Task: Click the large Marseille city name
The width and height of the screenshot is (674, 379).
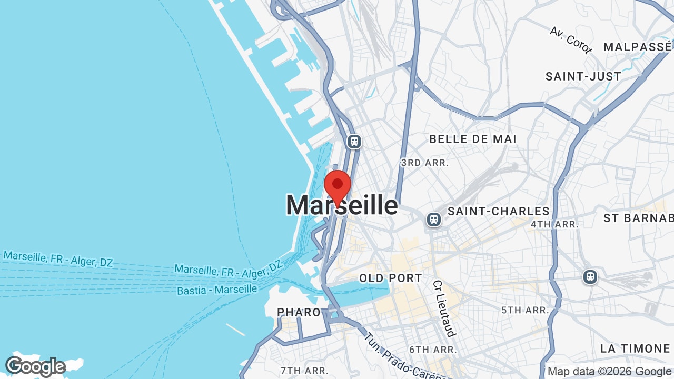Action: tap(342, 205)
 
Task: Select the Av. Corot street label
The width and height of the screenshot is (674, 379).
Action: tap(571, 39)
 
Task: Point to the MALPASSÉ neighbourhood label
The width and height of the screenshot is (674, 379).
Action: tap(637, 47)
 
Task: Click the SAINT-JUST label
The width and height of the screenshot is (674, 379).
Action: tap(583, 76)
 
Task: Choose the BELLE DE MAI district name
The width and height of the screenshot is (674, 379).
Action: tap(472, 139)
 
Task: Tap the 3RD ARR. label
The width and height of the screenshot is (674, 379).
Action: tap(424, 163)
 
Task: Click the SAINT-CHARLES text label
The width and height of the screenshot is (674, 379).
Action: tap(498, 212)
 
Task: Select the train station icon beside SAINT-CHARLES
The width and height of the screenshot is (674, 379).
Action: tap(433, 219)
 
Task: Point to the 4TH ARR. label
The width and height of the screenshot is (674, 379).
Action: tap(554, 224)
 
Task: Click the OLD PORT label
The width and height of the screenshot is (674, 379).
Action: tap(390, 278)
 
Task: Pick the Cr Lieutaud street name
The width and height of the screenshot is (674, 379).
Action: tap(443, 308)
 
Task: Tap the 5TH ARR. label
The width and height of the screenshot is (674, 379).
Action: tap(525, 310)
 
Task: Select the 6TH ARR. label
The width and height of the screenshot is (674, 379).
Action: tap(433, 350)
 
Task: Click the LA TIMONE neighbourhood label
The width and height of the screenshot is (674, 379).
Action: tap(635, 348)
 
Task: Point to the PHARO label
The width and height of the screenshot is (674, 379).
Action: tap(299, 312)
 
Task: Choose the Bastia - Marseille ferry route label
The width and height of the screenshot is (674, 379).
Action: tap(217, 290)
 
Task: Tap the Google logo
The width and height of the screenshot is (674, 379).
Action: tap(35, 366)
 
